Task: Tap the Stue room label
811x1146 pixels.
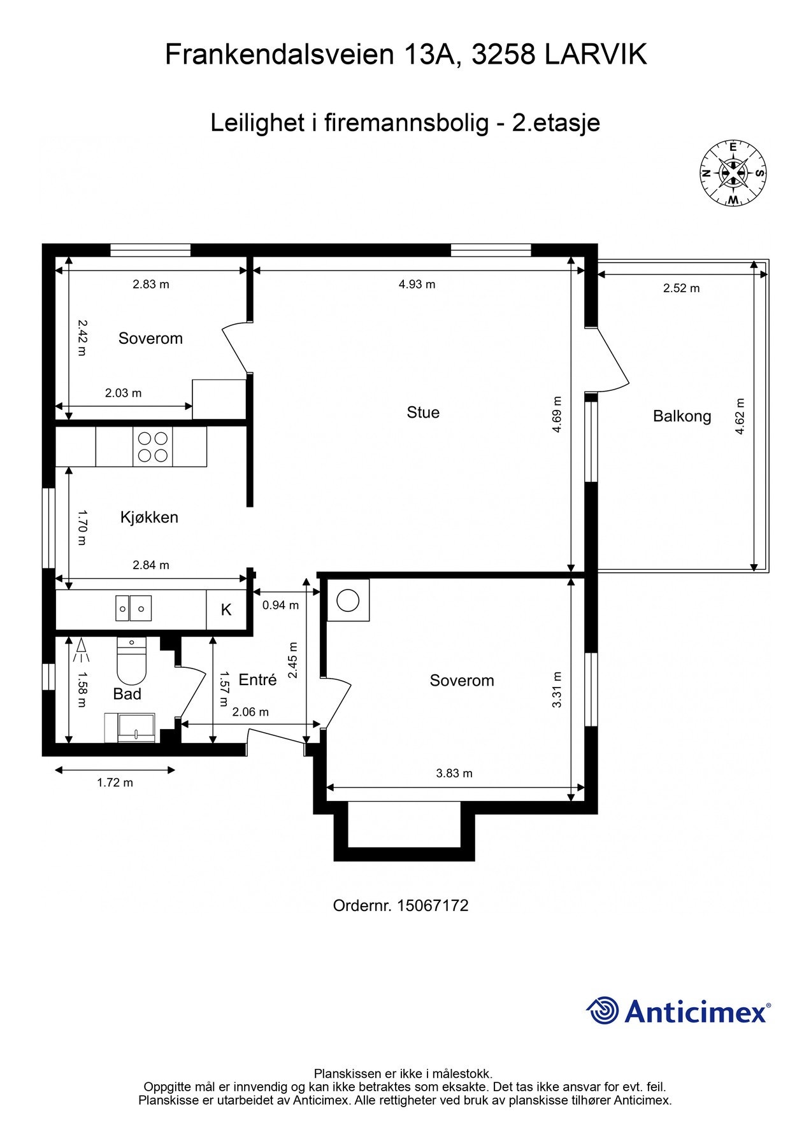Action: tap(423, 413)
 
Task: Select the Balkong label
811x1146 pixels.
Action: tap(682, 416)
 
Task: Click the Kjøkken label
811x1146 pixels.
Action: tap(149, 517)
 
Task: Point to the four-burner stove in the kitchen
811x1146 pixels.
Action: tap(153, 446)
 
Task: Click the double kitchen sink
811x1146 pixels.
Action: tap(133, 609)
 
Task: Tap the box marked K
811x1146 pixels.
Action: tap(226, 610)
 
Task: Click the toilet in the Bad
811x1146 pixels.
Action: tap(132, 662)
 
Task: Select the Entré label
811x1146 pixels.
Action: tap(257, 680)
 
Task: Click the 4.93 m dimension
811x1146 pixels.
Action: tap(417, 285)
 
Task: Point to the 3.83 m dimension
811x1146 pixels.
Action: tap(454, 774)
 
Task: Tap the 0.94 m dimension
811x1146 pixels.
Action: tap(280, 605)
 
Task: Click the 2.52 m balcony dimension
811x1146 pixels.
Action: tap(681, 288)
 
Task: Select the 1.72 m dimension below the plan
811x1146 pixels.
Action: tap(115, 783)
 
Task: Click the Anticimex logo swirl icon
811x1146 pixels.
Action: tap(603, 1010)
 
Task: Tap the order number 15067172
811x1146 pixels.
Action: tap(432, 905)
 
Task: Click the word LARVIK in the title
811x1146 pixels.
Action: tap(596, 55)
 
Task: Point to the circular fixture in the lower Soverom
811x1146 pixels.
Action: tap(348, 600)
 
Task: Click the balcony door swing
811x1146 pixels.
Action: tap(608, 363)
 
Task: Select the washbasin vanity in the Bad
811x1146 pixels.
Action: tap(130, 728)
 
